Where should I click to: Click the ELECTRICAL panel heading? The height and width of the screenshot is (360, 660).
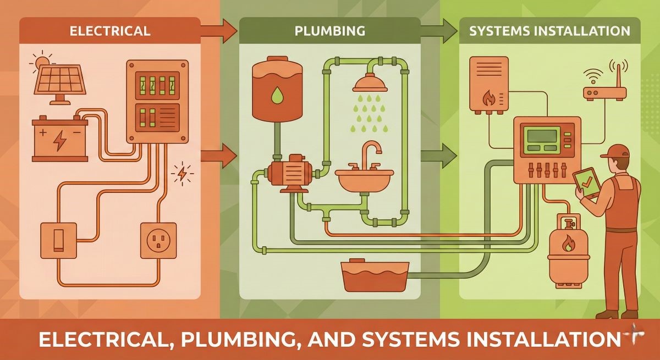pyautogui.click(x=109, y=31)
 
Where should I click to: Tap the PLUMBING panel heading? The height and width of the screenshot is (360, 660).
pyautogui.click(x=329, y=31)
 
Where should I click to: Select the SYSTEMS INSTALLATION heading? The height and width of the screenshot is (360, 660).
pyautogui.click(x=549, y=31)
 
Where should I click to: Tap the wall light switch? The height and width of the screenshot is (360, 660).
pyautogui.click(x=58, y=240)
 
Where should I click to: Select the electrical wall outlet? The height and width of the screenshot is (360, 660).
pyautogui.click(x=159, y=240)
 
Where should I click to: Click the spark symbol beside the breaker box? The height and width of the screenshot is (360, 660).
pyautogui.click(x=182, y=173)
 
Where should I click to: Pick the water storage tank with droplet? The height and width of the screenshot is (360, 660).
pyautogui.click(x=277, y=90)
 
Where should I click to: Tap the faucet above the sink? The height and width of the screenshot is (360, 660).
pyautogui.click(x=372, y=154)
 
